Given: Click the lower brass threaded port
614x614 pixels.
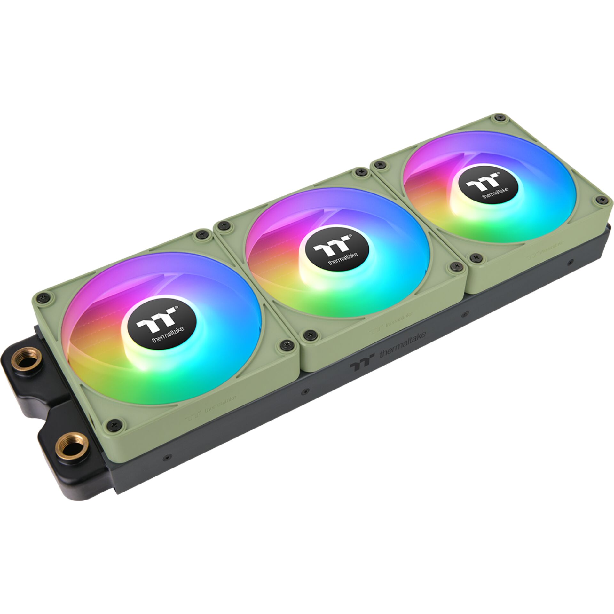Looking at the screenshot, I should [71, 445].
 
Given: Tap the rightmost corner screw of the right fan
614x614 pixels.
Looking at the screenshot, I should [602, 200].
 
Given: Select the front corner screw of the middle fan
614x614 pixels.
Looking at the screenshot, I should [309, 335].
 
